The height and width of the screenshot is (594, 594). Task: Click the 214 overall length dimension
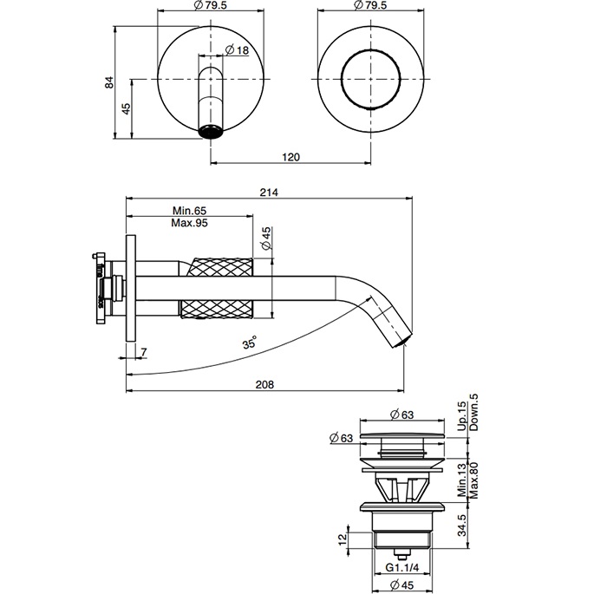pos(268,193)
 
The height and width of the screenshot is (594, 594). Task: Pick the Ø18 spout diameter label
pos(236,50)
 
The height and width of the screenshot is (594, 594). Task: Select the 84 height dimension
pos(109,82)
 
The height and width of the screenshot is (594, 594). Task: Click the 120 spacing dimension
pos(290,156)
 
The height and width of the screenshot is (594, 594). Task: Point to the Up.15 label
pos(461,412)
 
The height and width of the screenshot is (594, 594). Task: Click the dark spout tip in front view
pos(211,132)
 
